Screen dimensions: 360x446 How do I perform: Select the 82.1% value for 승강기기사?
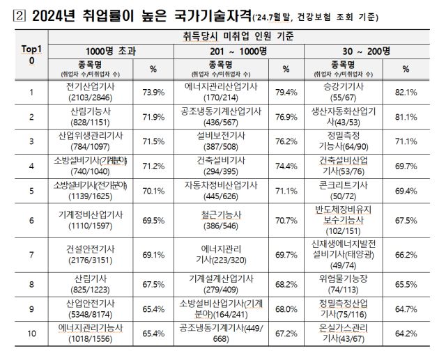(x=406, y=91)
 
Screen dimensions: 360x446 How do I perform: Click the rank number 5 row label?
(x=31, y=190)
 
